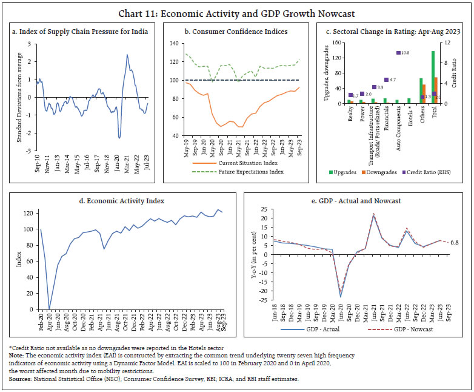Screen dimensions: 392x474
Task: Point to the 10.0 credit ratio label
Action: point(404,53)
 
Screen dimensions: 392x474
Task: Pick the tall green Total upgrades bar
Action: point(433,76)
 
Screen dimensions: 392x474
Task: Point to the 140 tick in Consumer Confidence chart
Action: point(173,44)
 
